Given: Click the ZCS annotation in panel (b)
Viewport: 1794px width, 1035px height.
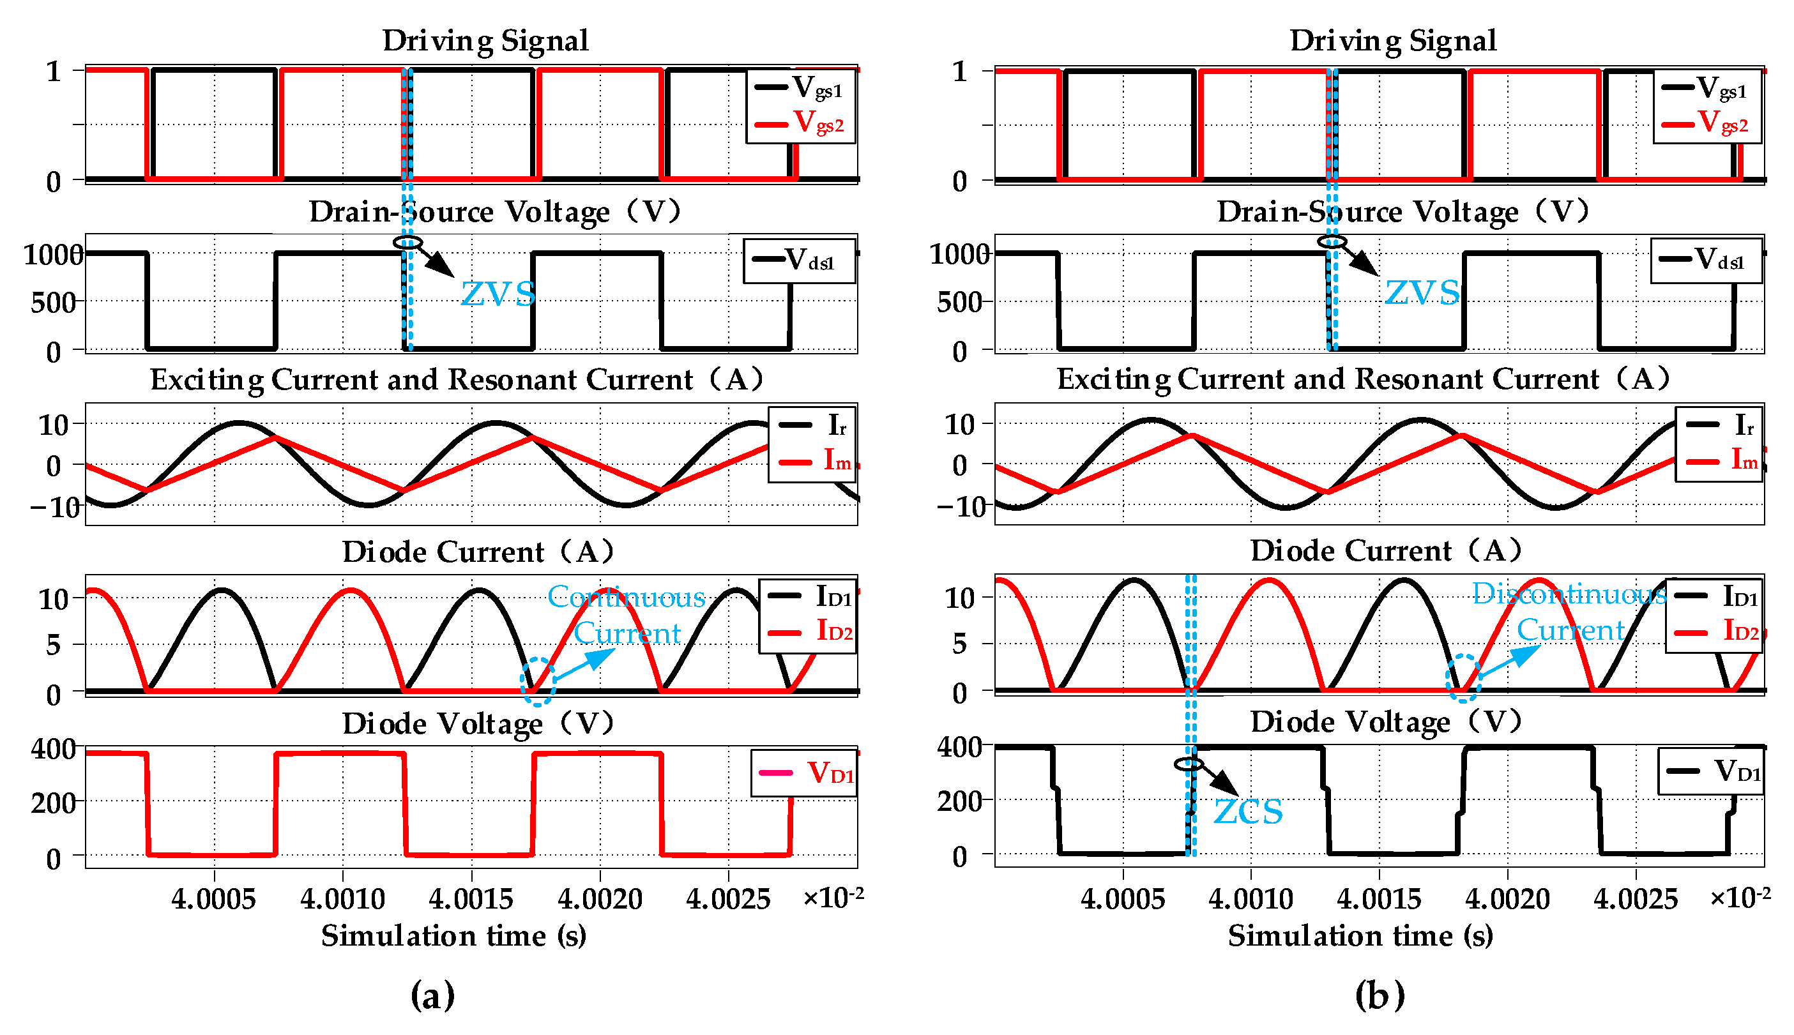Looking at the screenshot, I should pyautogui.click(x=1247, y=811).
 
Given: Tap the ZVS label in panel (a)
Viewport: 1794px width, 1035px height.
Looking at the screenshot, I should pyautogui.click(x=498, y=294).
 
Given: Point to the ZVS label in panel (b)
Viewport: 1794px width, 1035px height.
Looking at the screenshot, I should pyautogui.click(x=1422, y=292).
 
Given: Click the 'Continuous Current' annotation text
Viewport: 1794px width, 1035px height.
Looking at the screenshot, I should pyautogui.click(x=627, y=614).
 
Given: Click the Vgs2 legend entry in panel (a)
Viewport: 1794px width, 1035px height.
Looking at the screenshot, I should pyautogui.click(x=801, y=123).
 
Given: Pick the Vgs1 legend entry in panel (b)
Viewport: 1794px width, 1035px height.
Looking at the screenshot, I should pyautogui.click(x=1707, y=88).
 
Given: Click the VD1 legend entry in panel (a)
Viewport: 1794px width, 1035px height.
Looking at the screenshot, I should pyautogui.click(x=807, y=772).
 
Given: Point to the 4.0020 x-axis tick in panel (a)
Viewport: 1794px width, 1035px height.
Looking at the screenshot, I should pyautogui.click(x=600, y=899).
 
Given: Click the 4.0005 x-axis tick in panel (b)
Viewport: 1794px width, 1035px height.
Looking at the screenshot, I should pyautogui.click(x=1123, y=899).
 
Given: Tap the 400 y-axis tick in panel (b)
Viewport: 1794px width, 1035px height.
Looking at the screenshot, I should pyautogui.click(x=959, y=748).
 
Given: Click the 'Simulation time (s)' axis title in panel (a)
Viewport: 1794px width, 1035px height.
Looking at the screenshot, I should pyautogui.click(x=453, y=935).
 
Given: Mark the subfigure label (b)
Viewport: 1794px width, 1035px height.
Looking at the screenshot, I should pyautogui.click(x=1380, y=995).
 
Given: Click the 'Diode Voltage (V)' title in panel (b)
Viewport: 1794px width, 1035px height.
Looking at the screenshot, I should pyautogui.click(x=1386, y=722).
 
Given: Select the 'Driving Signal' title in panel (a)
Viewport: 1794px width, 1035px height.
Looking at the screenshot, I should pyautogui.click(x=485, y=40).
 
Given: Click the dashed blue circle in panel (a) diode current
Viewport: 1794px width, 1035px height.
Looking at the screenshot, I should pyautogui.click(x=538, y=682).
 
